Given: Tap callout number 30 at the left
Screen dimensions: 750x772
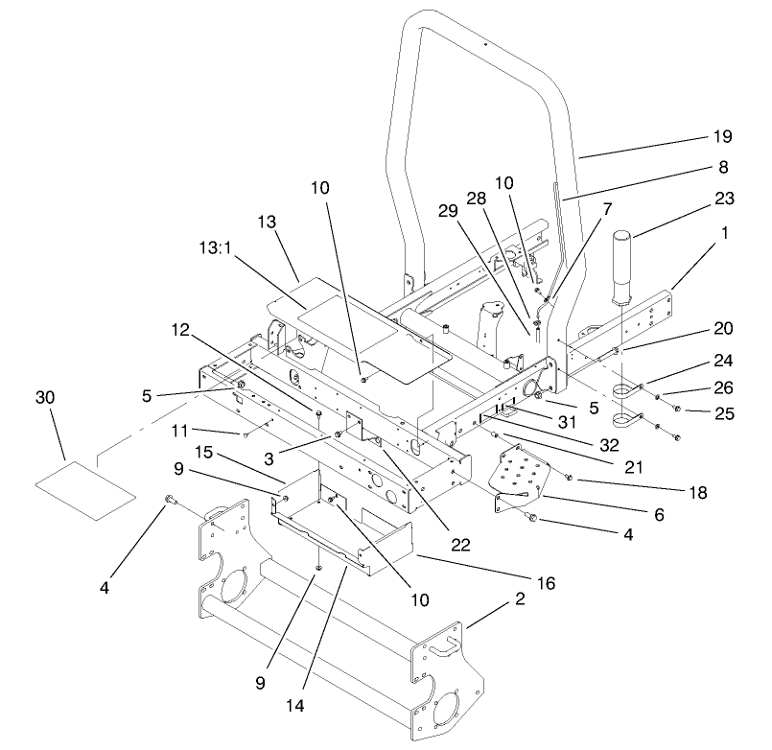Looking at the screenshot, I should coord(45,395).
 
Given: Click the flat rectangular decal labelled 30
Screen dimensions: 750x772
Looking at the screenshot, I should coord(86,486).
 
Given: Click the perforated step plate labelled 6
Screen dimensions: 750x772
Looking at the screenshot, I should coord(524,476).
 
